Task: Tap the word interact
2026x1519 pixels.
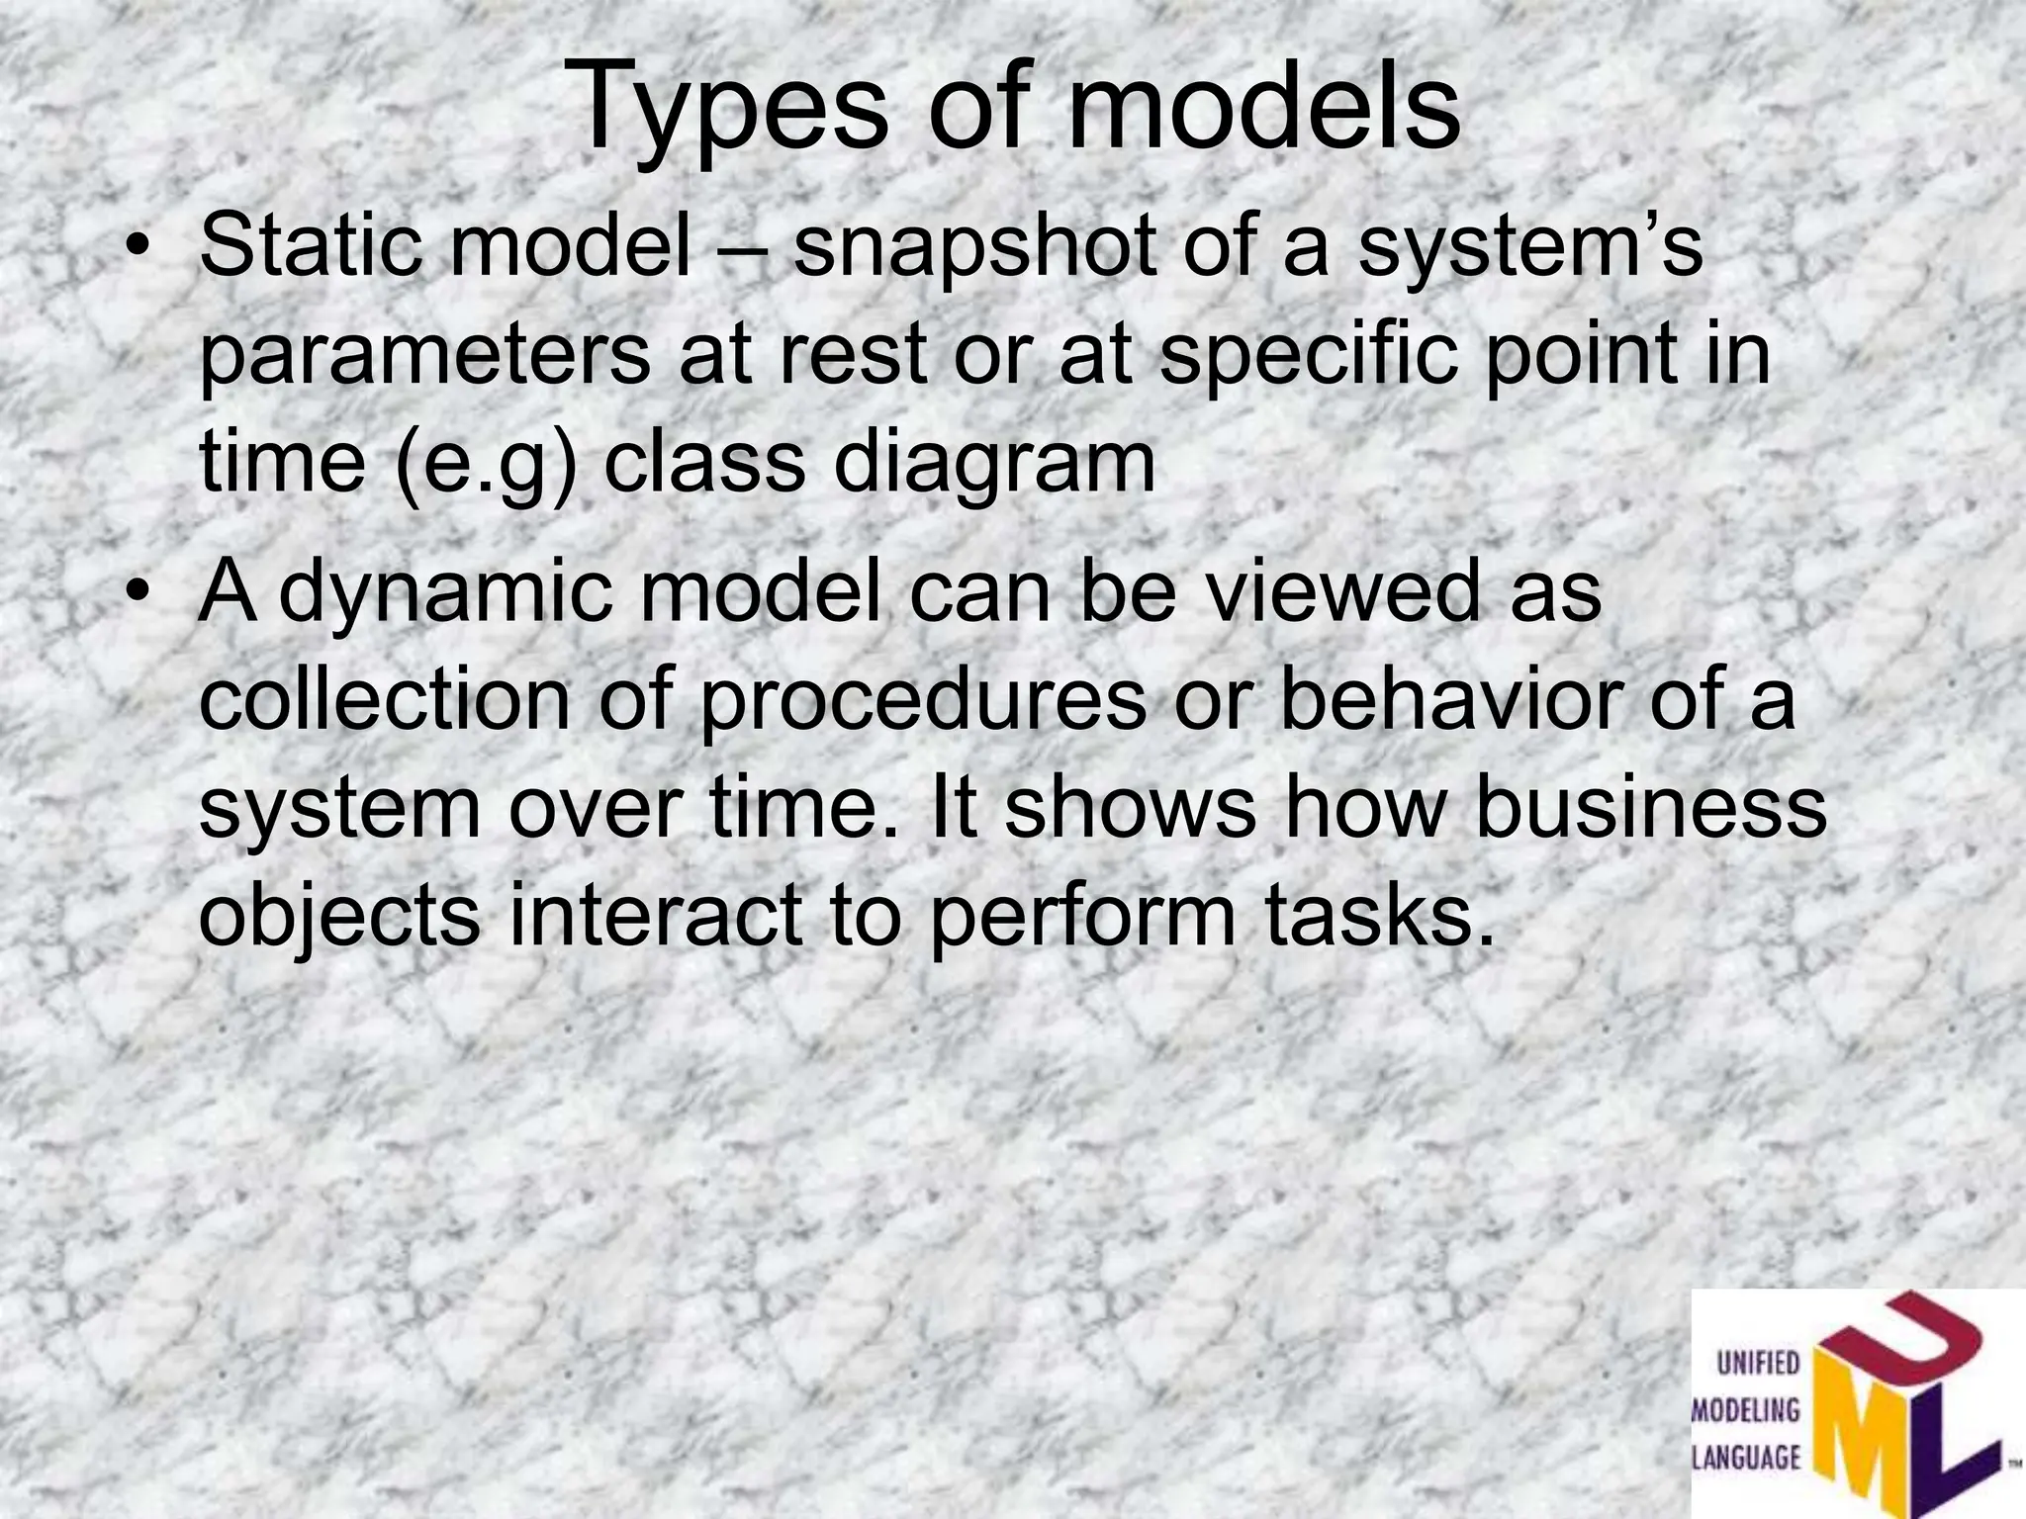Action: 654,914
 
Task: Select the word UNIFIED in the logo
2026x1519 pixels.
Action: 1757,1365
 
